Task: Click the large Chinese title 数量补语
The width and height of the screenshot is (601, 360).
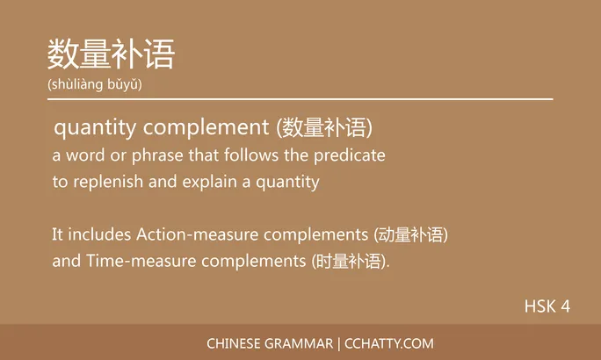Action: (112, 54)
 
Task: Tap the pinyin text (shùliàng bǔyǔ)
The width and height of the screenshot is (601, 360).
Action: (95, 84)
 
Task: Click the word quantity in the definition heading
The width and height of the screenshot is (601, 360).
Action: (95, 128)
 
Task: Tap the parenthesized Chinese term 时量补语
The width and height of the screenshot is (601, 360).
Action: (350, 262)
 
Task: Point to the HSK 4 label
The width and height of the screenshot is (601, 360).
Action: (547, 306)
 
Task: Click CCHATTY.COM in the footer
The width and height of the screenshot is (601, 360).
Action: (389, 343)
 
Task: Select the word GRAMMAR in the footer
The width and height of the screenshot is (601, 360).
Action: (299, 343)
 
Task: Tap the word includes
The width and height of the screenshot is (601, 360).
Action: (98, 235)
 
